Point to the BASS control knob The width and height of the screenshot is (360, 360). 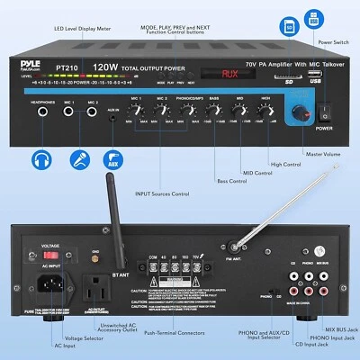(x=211, y=111)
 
